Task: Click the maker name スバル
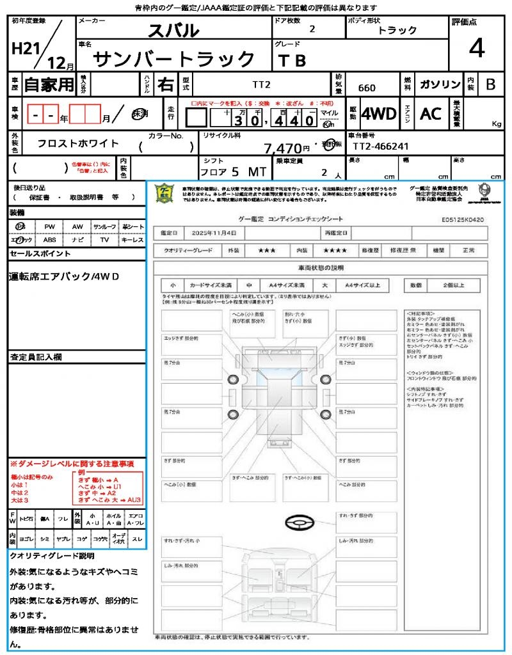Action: [173, 30]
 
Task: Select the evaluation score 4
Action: [476, 49]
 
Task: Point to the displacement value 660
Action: [367, 88]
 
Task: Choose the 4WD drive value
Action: [379, 114]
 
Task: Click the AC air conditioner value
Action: [431, 114]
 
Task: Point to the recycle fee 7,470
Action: [282, 148]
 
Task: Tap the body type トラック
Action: [397, 30]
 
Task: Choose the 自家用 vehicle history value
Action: [49, 84]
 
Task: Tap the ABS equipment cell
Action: [50, 240]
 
